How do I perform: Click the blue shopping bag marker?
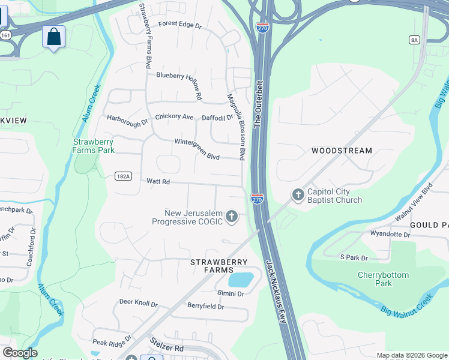[53, 37]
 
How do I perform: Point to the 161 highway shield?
[5, 36]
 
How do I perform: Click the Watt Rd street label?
[158, 181]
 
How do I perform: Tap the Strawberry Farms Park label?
[94, 146]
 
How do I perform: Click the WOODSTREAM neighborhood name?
[342, 151]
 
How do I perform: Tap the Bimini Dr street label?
[231, 293]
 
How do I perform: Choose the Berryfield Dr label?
[205, 307]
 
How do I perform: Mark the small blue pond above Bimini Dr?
[241, 280]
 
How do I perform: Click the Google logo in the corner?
[20, 353]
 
